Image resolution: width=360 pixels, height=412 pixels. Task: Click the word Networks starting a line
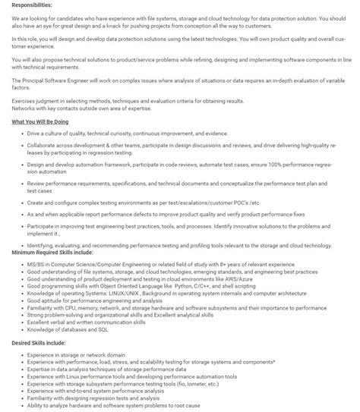coord(23,107)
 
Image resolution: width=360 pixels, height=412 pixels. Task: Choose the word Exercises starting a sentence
coord(24,100)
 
